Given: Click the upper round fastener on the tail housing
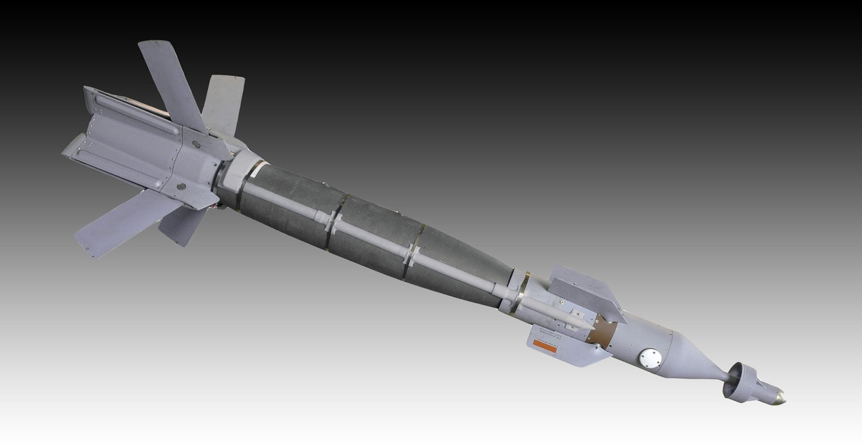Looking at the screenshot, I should pyautogui.click(x=196, y=144).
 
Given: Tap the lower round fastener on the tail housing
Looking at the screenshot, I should pyautogui.click(x=181, y=186).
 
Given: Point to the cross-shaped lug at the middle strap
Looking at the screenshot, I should pyautogui.click(x=335, y=222).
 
